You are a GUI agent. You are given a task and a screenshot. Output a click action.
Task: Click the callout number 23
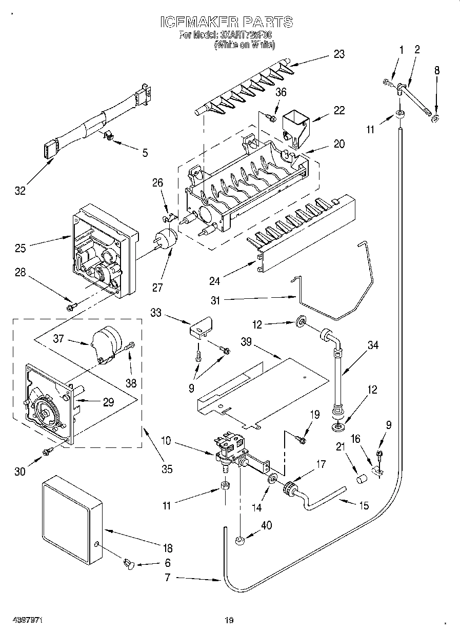[338, 54]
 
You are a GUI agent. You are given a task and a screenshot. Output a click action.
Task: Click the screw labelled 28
[71, 306]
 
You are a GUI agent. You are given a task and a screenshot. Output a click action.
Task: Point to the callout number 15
[364, 505]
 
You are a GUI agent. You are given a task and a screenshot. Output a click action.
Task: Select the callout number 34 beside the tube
[373, 345]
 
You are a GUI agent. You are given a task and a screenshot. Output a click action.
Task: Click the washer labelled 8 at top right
[435, 119]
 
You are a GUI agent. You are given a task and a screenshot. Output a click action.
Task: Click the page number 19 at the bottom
[229, 621]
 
